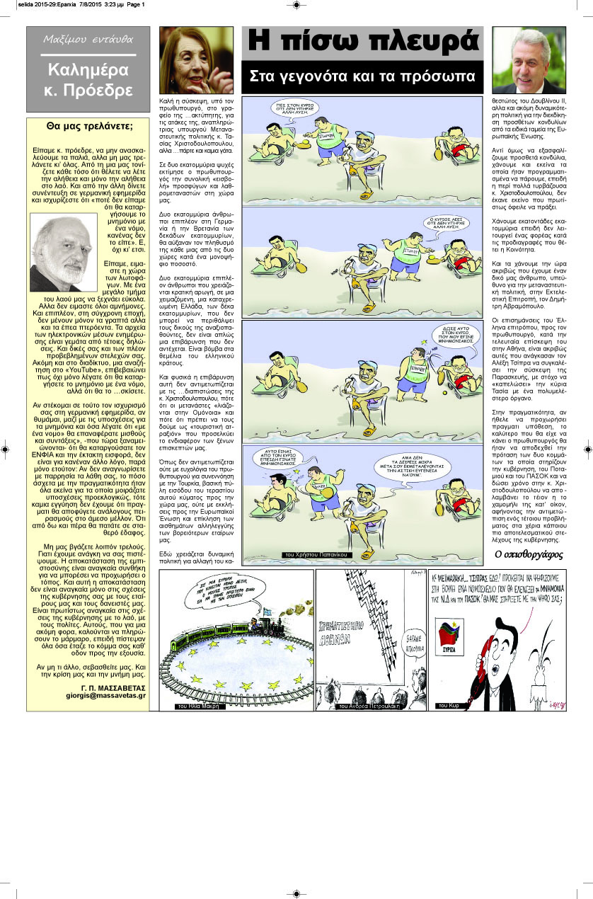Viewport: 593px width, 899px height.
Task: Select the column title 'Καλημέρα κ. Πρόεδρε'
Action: click(x=88, y=80)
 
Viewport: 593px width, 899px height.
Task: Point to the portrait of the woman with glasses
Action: click(x=196, y=60)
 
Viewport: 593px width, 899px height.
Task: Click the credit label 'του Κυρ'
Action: click(x=449, y=706)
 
